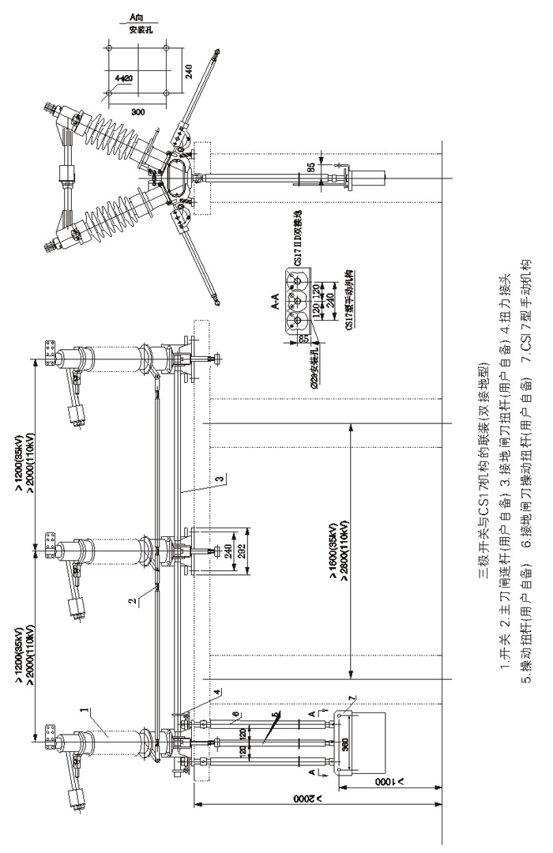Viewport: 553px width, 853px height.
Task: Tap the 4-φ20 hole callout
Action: click(x=123, y=77)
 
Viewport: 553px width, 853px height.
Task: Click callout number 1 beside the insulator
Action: click(x=83, y=714)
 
